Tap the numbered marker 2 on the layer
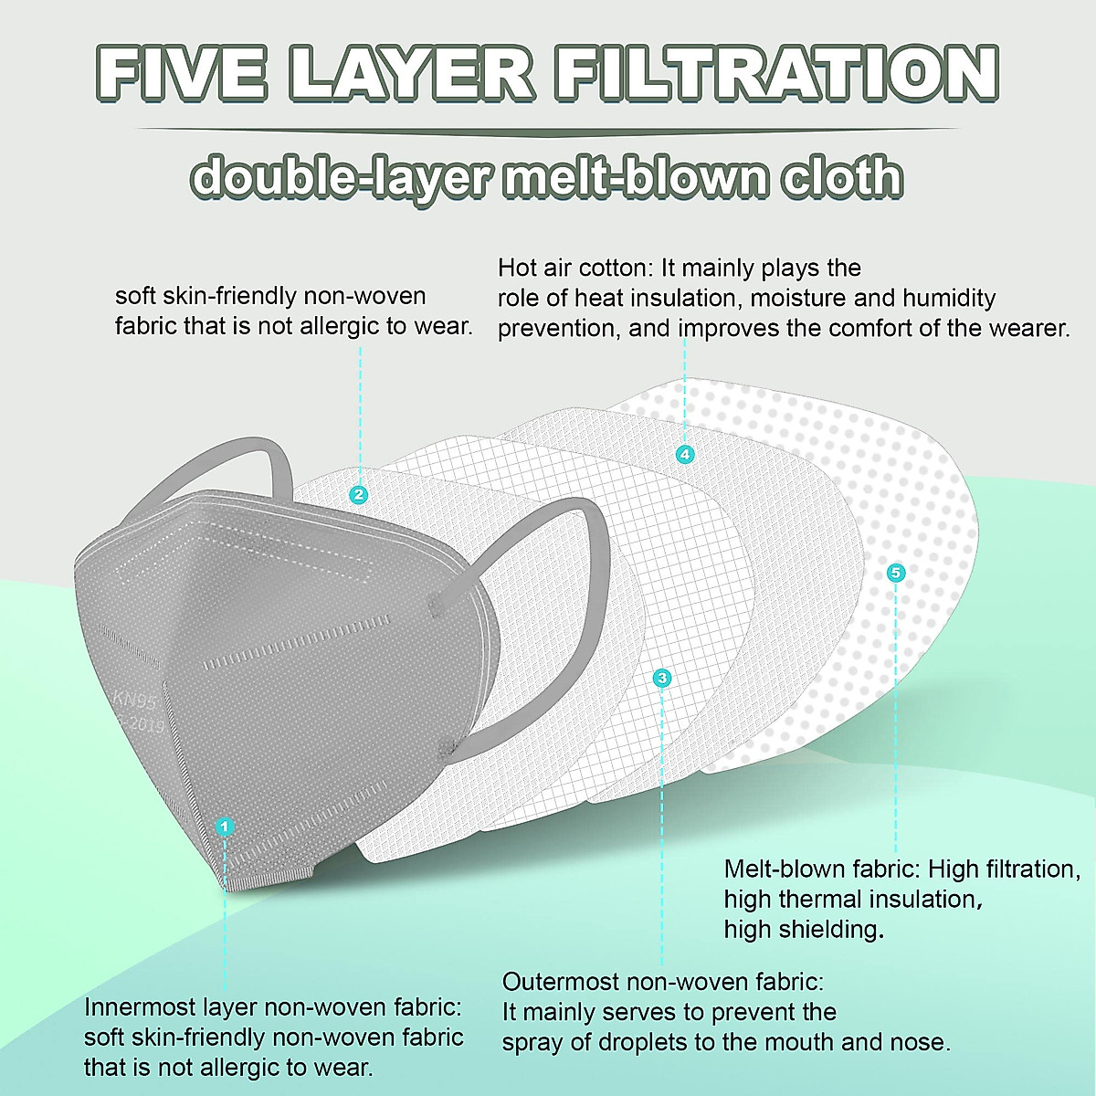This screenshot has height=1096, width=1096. pos(359,494)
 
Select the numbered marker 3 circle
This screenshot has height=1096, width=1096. pos(662,677)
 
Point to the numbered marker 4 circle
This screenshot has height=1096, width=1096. pos(685,454)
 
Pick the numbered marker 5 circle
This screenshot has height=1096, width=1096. pos(895,573)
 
